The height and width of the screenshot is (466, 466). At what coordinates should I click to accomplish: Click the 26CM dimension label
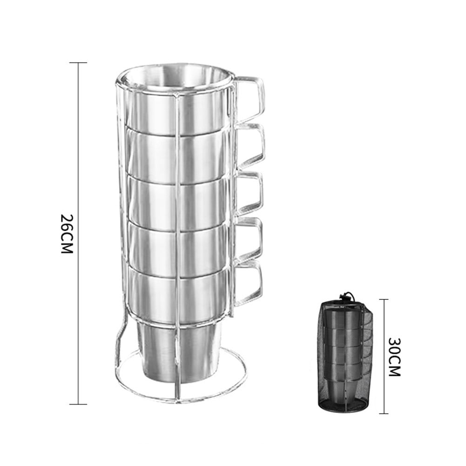[68, 234]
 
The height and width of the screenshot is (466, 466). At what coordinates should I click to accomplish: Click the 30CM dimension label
[394, 357]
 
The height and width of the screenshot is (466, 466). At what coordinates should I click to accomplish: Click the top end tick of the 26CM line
[78, 63]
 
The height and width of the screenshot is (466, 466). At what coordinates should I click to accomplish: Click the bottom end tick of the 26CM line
[78, 404]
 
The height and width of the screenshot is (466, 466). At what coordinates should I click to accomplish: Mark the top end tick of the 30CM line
[383, 300]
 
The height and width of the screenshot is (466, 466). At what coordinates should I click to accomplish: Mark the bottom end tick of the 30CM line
[383, 413]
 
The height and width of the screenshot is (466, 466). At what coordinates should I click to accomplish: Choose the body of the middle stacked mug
[154, 200]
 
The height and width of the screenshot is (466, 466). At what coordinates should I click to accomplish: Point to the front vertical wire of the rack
[177, 233]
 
